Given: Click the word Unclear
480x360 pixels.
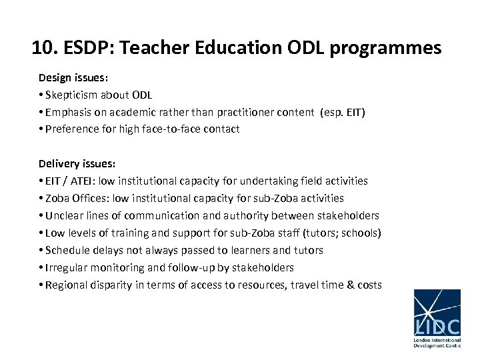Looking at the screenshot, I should tap(65, 215).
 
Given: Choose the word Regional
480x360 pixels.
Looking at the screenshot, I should tap(68, 285).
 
